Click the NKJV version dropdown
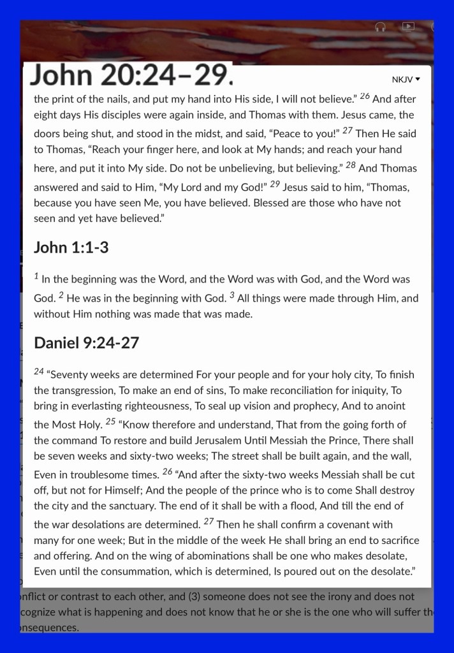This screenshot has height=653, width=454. click(x=406, y=80)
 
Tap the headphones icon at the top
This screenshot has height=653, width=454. click(x=381, y=27)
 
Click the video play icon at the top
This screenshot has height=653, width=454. click(x=408, y=26)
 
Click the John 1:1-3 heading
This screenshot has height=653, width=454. click(x=71, y=247)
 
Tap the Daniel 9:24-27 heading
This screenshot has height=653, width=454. click(x=86, y=342)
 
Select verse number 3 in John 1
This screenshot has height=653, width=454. click(x=232, y=295)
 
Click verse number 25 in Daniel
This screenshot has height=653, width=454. click(x=110, y=421)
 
